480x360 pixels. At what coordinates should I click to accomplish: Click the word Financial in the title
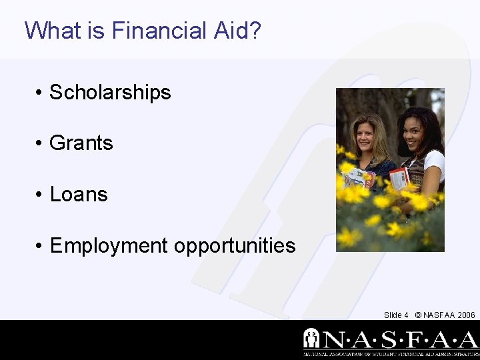click(159, 31)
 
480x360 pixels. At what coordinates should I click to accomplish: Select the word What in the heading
click(53, 31)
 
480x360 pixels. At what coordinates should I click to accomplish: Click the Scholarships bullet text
click(110, 93)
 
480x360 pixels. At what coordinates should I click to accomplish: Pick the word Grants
click(81, 143)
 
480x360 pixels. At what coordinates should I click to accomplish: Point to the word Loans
click(79, 195)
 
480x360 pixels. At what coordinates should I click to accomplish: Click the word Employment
click(109, 246)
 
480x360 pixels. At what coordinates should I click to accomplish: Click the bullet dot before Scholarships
click(40, 93)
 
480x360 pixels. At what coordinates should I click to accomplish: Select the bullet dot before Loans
click(40, 195)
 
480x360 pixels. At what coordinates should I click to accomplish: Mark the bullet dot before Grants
click(40, 144)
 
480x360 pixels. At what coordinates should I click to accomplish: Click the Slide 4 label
click(396, 315)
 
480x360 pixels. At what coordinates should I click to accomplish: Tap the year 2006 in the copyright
click(466, 315)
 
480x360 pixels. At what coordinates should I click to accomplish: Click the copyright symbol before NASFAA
click(418, 315)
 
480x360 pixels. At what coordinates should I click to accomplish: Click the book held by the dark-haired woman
click(399, 178)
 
